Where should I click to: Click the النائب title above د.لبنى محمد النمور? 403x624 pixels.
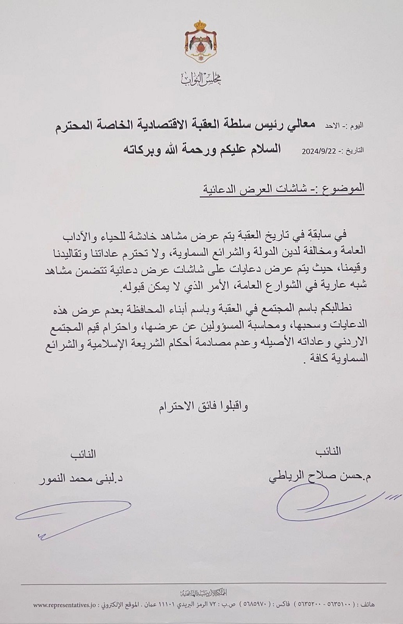coord(84,454)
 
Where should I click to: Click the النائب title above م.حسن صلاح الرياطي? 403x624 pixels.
coord(329,452)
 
